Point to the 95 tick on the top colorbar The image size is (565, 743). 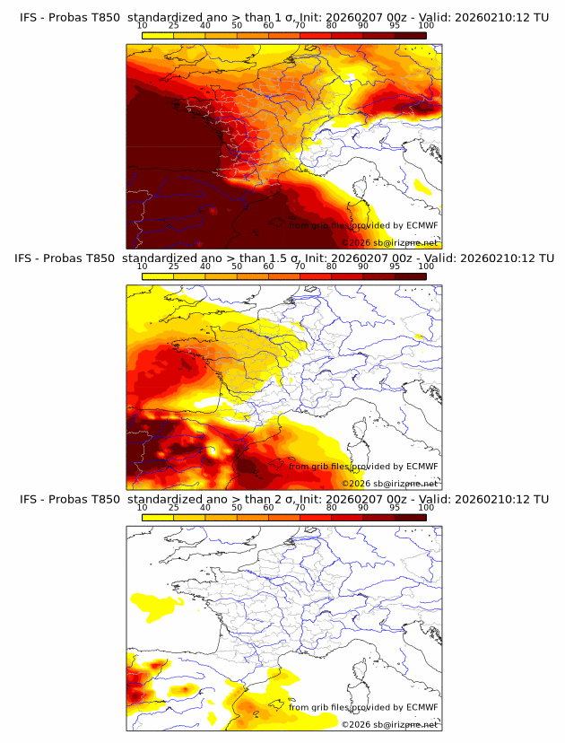pos(395,25)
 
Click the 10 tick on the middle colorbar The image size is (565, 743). pos(143,266)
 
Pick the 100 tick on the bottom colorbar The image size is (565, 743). pos(426,506)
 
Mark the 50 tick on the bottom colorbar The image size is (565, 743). pos(237,506)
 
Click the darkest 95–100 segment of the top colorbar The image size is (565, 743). pos(410,35)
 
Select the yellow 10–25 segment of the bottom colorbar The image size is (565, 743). pos(158,516)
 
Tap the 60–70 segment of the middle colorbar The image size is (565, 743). pos(284,275)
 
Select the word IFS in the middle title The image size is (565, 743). pos(29,258)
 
